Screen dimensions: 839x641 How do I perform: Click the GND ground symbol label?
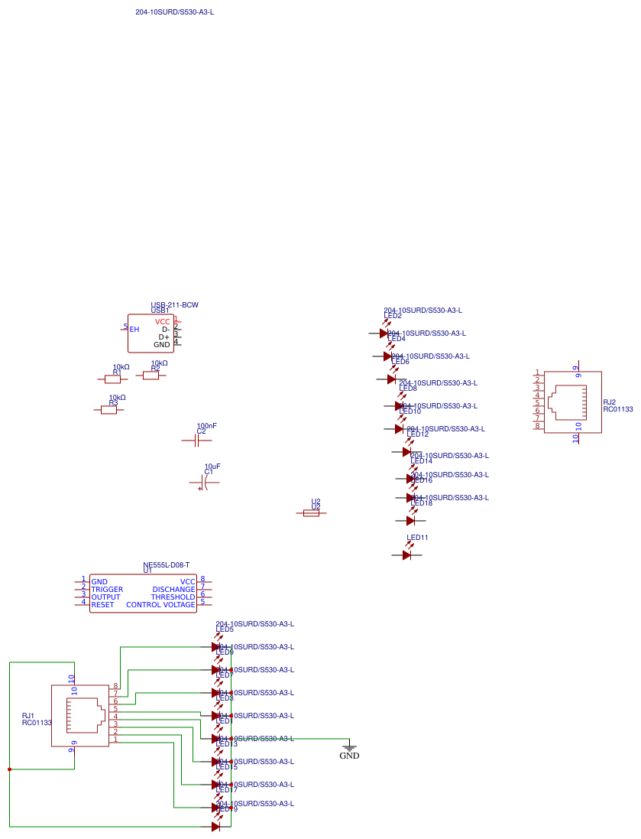tap(349, 756)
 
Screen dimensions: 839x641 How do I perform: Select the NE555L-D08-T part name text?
tap(166, 564)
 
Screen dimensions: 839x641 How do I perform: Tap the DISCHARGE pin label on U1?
tap(173, 590)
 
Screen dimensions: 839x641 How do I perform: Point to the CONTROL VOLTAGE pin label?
tap(160, 605)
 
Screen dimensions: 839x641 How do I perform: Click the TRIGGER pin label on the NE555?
tap(107, 590)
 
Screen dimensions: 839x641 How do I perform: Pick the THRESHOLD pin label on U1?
tap(173, 597)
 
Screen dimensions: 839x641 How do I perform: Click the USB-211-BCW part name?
tap(174, 305)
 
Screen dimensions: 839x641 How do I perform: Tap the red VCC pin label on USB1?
tap(162, 322)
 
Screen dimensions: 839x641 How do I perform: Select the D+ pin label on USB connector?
tap(163, 337)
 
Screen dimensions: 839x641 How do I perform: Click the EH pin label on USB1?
tap(134, 330)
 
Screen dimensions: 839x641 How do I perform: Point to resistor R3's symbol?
tap(108, 410)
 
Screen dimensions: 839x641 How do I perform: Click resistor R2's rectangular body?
tap(151, 376)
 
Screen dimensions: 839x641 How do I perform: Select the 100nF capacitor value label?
tap(206, 425)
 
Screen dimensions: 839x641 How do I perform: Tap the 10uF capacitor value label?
tap(212, 466)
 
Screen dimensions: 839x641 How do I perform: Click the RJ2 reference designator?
tap(609, 402)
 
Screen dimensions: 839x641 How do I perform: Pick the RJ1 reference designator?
tap(28, 715)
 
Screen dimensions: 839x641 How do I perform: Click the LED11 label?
tap(417, 538)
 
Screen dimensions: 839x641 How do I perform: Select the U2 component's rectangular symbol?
tap(311, 513)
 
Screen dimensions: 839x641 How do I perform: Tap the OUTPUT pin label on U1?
tap(105, 597)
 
